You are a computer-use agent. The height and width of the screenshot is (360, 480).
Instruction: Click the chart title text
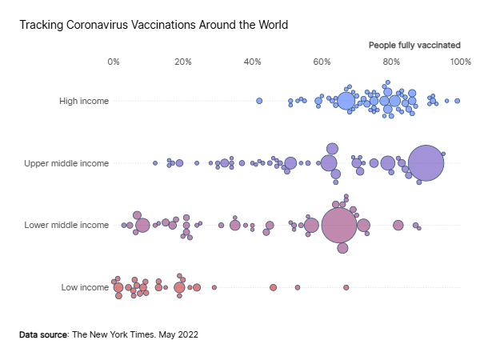(154, 25)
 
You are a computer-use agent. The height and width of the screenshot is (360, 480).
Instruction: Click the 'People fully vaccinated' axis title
(414, 46)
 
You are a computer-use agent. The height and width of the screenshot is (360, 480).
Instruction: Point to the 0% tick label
(114, 62)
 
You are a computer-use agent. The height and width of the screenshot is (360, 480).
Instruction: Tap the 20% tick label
(183, 62)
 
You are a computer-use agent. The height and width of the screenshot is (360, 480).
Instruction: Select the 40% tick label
(253, 62)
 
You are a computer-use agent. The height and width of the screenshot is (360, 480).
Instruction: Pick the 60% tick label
(322, 62)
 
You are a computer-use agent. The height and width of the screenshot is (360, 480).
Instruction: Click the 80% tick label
(391, 62)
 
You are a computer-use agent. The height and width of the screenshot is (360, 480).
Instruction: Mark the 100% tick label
(461, 62)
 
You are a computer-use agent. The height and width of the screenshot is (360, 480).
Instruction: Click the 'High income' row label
(84, 101)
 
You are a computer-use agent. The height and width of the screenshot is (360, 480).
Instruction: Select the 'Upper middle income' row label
(66, 163)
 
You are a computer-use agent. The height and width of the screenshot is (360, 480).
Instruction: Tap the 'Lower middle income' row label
(66, 225)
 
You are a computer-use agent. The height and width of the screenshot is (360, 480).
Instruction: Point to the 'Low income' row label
(85, 287)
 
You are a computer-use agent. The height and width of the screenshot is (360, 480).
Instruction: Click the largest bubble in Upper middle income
(426, 163)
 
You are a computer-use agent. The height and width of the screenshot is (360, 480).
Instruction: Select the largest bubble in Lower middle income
(339, 226)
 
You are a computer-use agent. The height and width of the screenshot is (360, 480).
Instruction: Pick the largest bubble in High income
(346, 101)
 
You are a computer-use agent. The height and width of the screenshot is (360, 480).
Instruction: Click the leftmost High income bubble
(259, 101)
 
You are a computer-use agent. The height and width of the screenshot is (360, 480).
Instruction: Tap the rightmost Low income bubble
(346, 287)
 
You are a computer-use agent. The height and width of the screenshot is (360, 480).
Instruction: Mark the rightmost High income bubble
(458, 101)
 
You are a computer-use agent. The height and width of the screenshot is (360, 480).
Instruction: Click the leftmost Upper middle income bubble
(155, 163)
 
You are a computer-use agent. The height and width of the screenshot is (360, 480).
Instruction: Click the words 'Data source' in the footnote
(43, 334)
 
